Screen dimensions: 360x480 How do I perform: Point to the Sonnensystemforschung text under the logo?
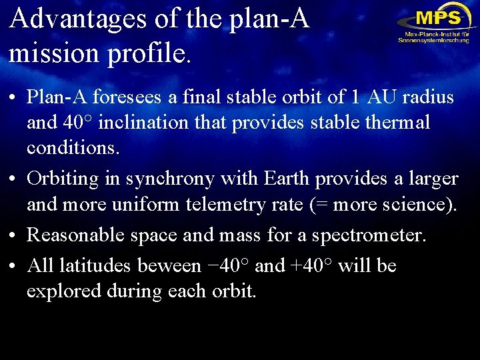click(433, 40)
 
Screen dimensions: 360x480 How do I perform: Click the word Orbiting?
click(65, 179)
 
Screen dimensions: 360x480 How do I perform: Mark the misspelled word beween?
click(168, 266)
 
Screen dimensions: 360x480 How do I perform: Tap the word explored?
click(59, 291)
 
